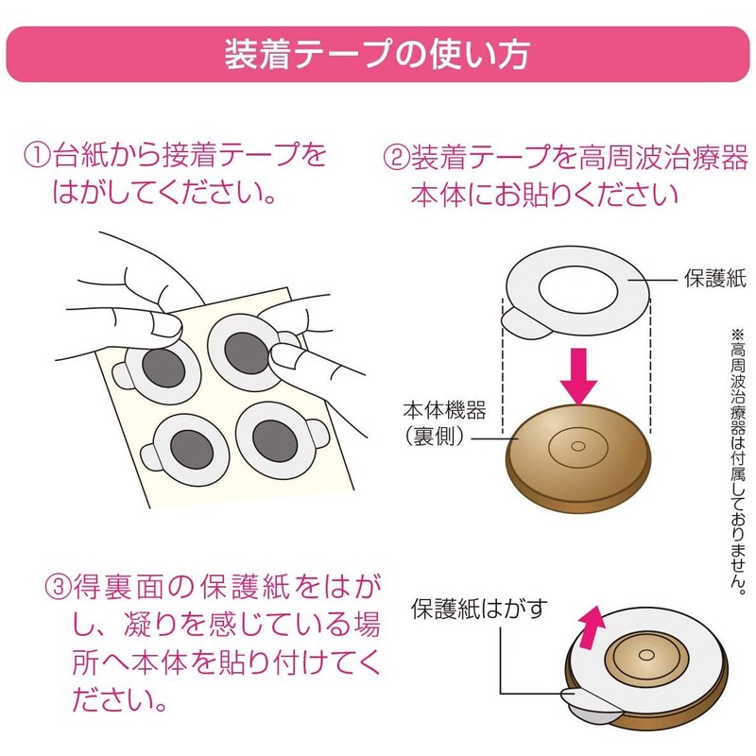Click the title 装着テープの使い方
coord(378,55)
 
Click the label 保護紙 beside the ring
coord(714,279)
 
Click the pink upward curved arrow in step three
coord(593,627)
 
